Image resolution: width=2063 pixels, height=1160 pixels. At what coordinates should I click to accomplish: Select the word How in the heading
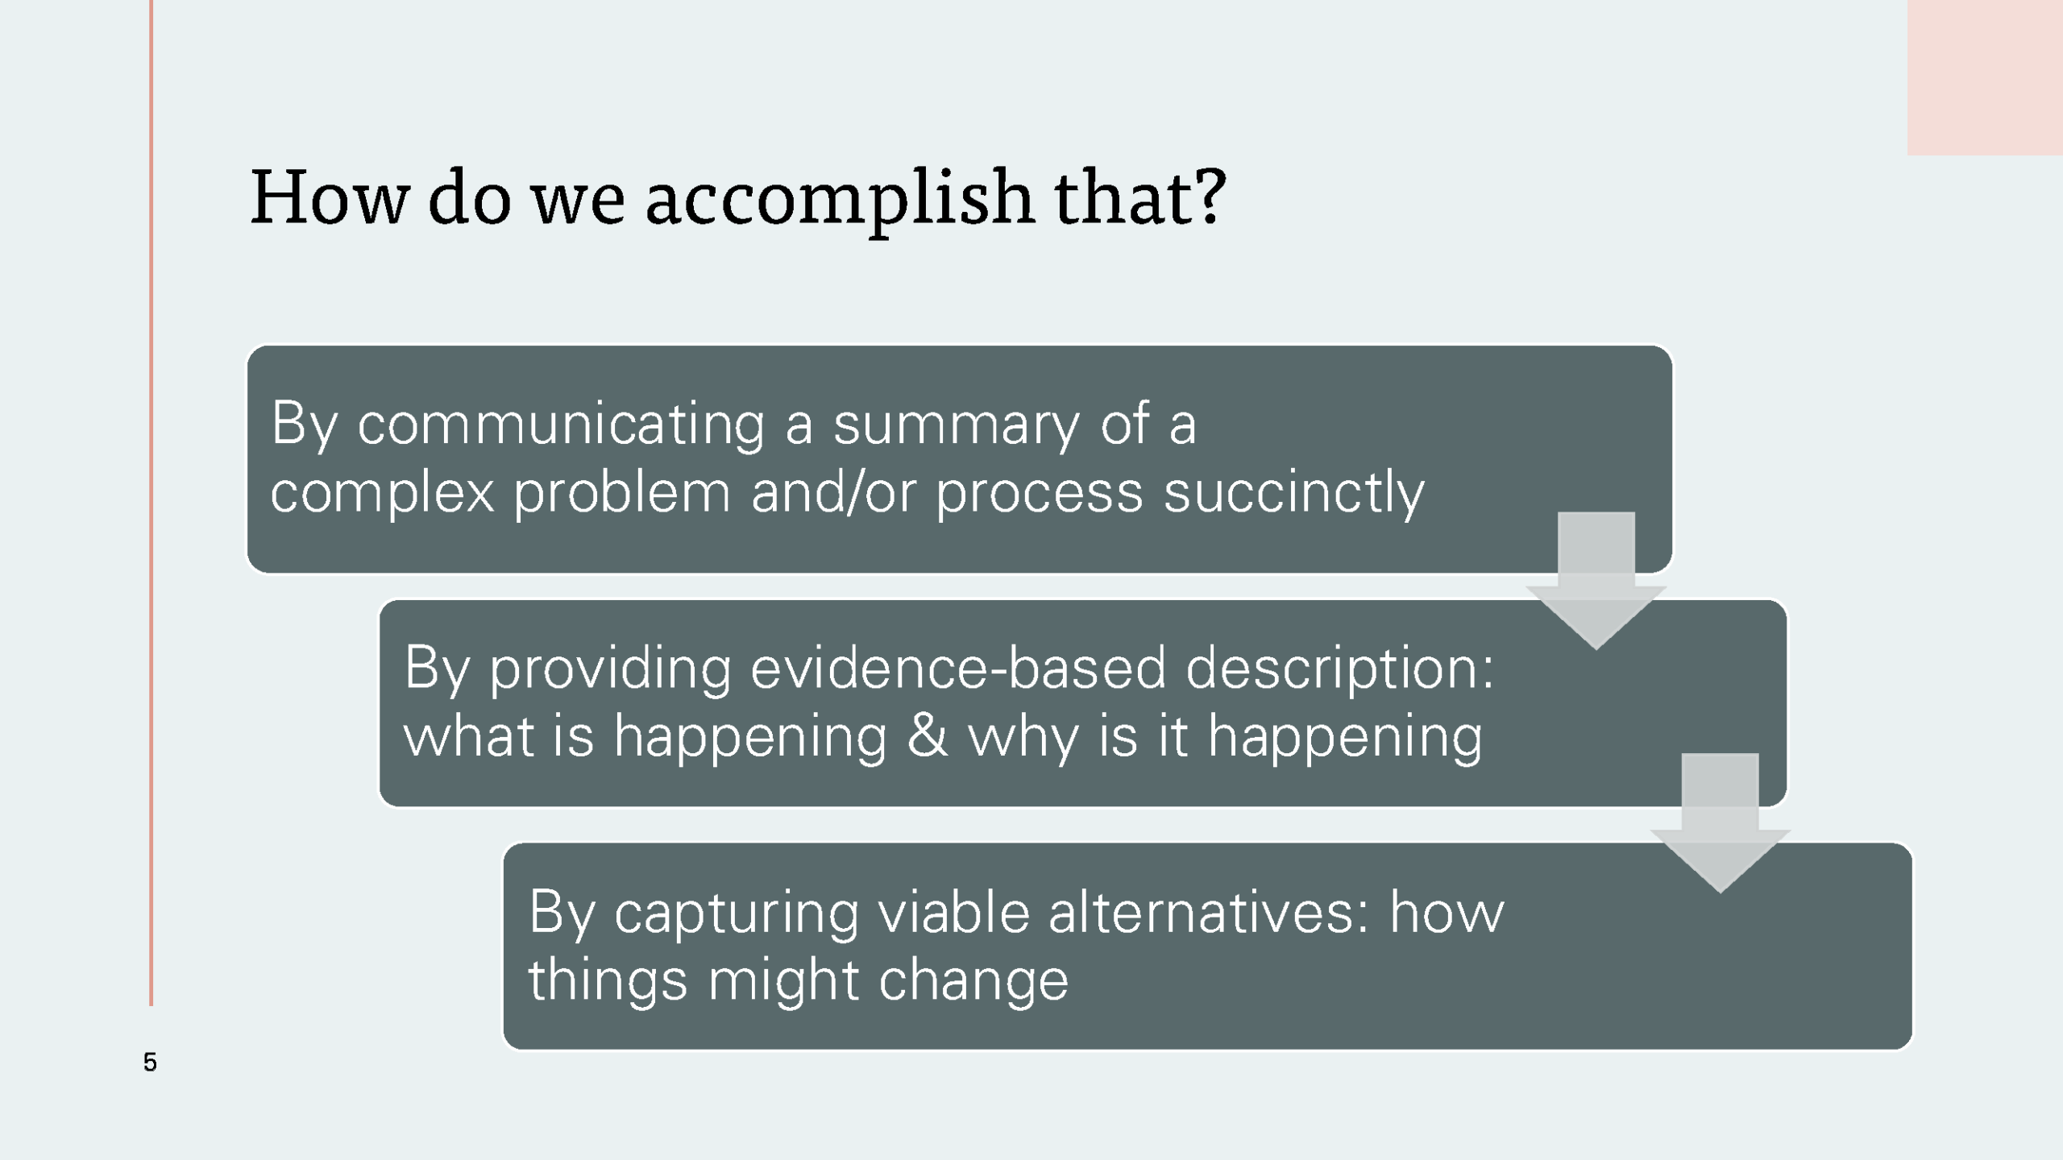pos(330,197)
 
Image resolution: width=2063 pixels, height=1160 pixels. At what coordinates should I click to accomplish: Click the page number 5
pos(150,1062)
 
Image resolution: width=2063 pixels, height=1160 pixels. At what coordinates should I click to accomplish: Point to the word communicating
pos(561,425)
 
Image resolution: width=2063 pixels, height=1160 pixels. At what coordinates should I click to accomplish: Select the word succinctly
pos(1294,493)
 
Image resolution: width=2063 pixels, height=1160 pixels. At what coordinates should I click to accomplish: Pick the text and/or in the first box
pos(834,492)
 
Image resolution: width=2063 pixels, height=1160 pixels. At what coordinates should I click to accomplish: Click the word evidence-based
pos(958,669)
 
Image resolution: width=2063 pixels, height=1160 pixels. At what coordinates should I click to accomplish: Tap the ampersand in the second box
pos(928,736)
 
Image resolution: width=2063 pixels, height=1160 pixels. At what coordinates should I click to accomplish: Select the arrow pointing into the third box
pos(1721,824)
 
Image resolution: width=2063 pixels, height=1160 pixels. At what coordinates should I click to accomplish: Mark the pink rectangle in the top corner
pos(1985,77)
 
